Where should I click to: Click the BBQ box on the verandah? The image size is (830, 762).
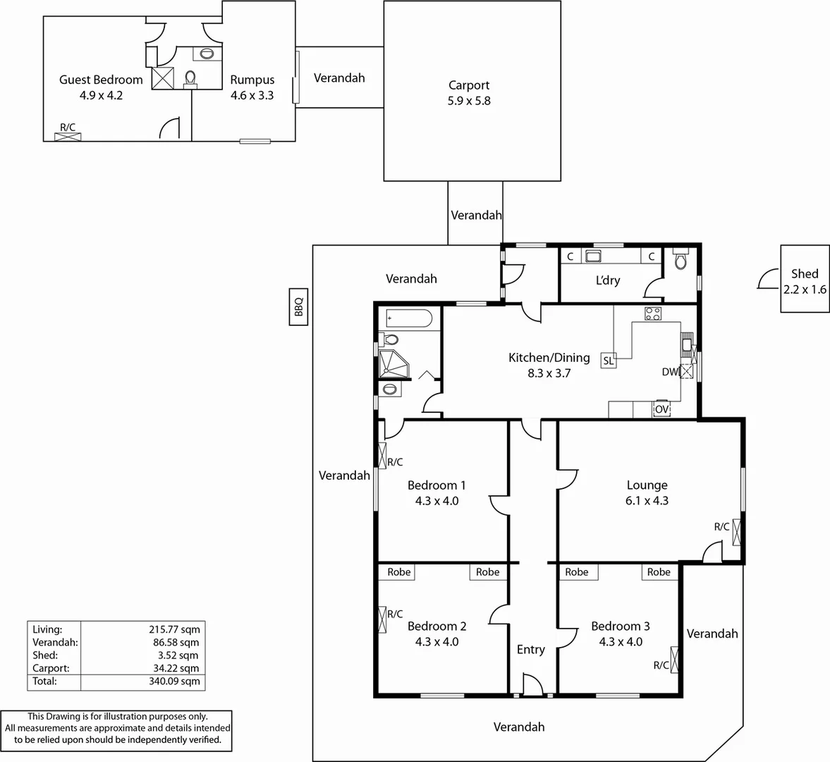pyautogui.click(x=298, y=307)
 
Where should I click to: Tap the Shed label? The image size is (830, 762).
pyautogui.click(x=804, y=274)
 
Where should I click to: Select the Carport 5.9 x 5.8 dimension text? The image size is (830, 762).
pyautogui.click(x=469, y=101)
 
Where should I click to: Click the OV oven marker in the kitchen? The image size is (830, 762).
pyautogui.click(x=661, y=409)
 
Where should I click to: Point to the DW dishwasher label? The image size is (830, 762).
pyautogui.click(x=669, y=372)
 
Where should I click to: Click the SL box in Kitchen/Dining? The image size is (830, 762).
pyautogui.click(x=608, y=361)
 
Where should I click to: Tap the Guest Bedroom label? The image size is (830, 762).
pyautogui.click(x=101, y=80)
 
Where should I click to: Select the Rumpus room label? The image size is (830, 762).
pyautogui.click(x=252, y=80)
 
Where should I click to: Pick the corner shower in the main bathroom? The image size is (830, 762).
pyautogui.click(x=393, y=363)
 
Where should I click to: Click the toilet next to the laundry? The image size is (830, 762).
pyautogui.click(x=680, y=261)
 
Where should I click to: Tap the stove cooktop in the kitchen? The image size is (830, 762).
pyautogui.click(x=652, y=314)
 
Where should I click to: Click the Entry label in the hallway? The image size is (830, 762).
pyautogui.click(x=530, y=649)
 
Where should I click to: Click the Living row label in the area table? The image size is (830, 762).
pyautogui.click(x=47, y=629)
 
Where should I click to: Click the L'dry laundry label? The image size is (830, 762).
pyautogui.click(x=607, y=280)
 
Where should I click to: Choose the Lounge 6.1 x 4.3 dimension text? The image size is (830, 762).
pyautogui.click(x=647, y=501)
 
